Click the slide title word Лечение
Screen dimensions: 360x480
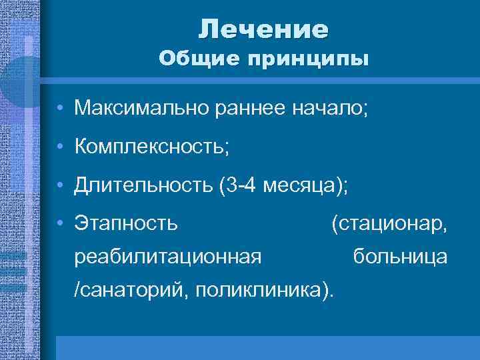(x=263, y=29)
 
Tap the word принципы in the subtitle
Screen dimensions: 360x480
(x=307, y=59)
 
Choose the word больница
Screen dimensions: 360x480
(x=400, y=256)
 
